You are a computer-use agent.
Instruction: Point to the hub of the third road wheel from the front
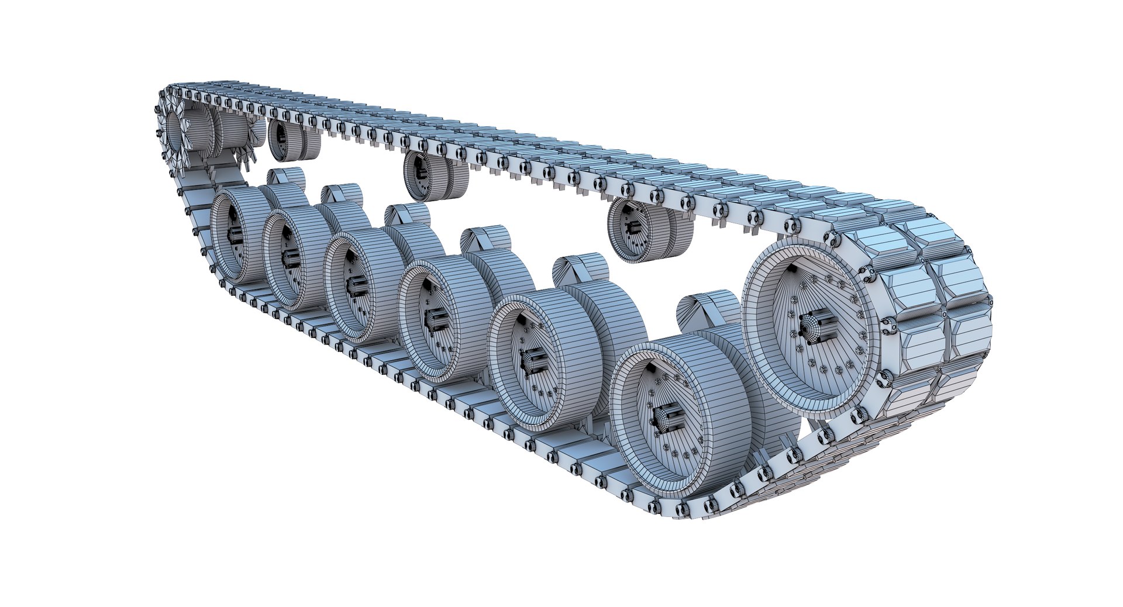(x=435, y=319)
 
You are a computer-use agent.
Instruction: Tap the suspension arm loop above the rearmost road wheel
(x=287, y=177)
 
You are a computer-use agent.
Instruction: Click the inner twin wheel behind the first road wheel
(x=760, y=398)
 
